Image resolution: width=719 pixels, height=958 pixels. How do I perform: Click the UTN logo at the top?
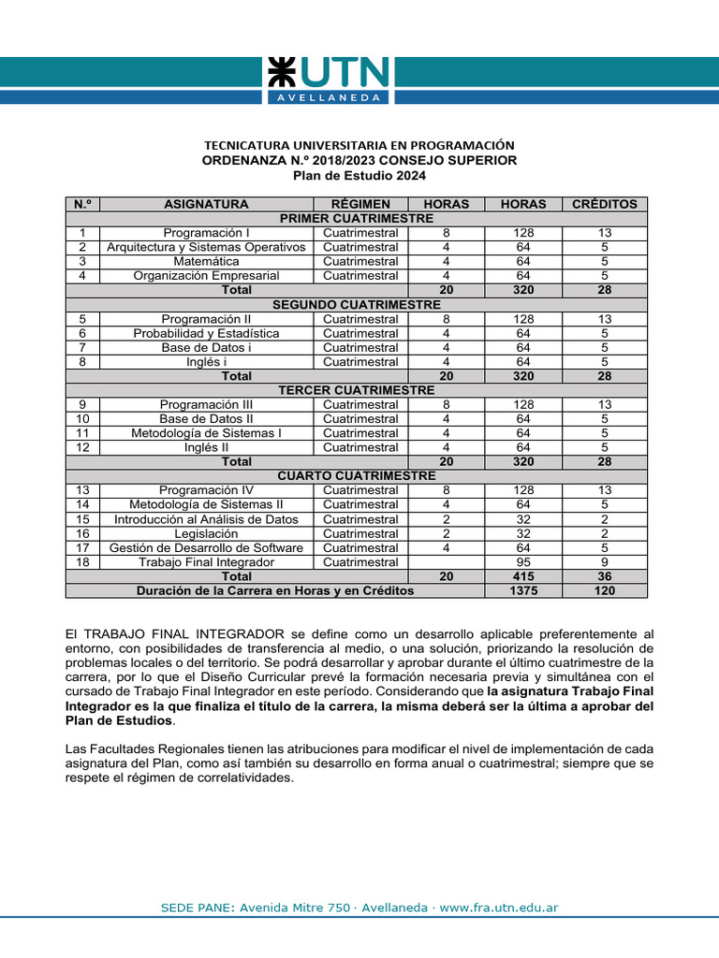click(327, 80)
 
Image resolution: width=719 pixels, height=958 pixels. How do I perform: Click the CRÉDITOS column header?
click(604, 204)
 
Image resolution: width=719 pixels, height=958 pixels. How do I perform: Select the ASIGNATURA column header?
click(206, 204)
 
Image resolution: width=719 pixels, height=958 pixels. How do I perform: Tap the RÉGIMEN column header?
click(360, 204)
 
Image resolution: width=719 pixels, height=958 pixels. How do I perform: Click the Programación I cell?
click(206, 233)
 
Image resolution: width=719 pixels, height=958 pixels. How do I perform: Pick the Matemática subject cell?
click(206, 261)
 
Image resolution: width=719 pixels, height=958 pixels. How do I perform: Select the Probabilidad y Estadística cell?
click(206, 333)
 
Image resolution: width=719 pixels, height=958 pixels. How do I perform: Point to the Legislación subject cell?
click(206, 533)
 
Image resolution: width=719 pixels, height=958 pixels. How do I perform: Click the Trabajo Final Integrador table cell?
click(206, 562)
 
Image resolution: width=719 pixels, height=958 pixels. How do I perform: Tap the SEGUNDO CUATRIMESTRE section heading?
click(356, 305)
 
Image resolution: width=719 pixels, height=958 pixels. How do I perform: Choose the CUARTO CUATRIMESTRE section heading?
click(356, 476)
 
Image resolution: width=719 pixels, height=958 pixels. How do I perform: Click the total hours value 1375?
click(523, 591)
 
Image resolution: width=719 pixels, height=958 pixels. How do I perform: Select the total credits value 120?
click(604, 591)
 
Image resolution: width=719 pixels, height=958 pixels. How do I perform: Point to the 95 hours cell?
click(523, 562)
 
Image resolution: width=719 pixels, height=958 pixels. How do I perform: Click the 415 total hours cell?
click(523, 577)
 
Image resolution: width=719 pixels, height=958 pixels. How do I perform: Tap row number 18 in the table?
click(82, 562)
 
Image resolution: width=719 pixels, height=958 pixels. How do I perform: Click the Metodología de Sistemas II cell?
click(206, 505)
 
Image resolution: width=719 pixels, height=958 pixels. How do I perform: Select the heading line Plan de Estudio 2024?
click(359, 176)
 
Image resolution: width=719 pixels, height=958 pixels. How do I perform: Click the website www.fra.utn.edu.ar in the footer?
click(498, 907)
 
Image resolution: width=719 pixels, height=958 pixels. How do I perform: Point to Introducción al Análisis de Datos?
click(206, 519)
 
